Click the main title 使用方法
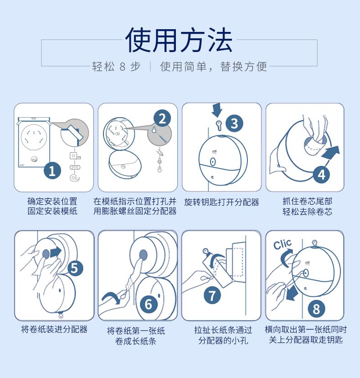179,40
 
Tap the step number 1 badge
52,171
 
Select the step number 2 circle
162,118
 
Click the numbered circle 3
234,124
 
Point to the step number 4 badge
322,175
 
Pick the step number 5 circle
75,268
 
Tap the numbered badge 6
149,304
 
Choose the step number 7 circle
212,295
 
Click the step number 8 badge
316,309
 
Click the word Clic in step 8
283,244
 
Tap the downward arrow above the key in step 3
217,110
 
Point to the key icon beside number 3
219,125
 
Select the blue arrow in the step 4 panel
331,152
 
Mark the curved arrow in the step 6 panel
111,297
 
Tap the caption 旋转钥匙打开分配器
221,202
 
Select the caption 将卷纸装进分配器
54,329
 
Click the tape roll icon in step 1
75,178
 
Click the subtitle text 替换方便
243,67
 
